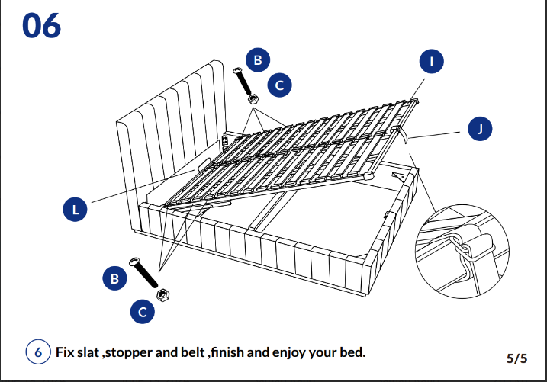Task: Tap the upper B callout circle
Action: (258, 59)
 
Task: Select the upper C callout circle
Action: (280, 85)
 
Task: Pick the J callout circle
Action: (480, 130)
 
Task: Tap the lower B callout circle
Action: (114, 279)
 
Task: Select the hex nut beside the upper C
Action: (253, 98)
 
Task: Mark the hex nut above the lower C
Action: (162, 294)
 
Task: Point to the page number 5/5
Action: (516, 357)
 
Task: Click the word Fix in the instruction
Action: (66, 353)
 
